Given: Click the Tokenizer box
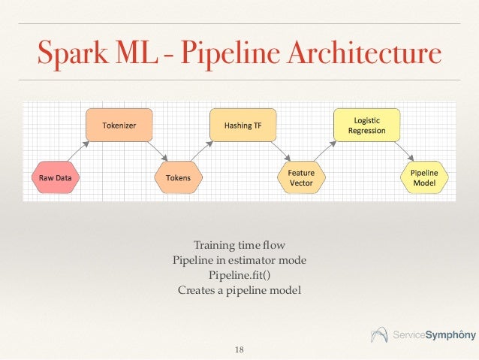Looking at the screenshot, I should point(119,126).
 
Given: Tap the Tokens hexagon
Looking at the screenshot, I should point(178,178).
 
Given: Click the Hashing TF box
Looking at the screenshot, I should point(242,126).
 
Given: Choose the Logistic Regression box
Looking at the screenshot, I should point(366,126).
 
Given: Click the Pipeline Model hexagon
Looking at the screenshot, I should point(425,178).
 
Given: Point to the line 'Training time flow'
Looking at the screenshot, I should point(239,245).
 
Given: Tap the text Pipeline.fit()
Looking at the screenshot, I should point(239,274).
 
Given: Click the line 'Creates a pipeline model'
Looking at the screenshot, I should point(239,289).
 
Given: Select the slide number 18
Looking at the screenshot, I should point(239,349).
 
